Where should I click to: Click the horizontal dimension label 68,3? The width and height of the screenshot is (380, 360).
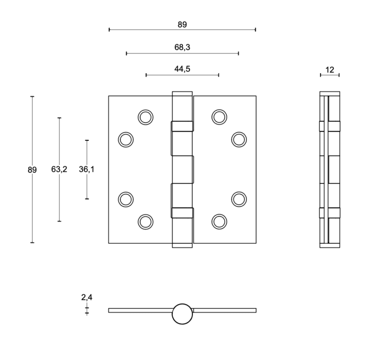click(x=182, y=47)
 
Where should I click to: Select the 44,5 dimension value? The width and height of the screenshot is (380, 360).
click(x=182, y=69)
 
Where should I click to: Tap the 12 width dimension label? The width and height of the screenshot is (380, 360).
click(x=330, y=70)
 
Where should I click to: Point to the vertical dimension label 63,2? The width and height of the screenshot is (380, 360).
click(x=59, y=170)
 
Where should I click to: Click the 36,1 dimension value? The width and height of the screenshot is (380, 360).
click(x=87, y=170)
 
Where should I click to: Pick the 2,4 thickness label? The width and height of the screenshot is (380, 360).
click(x=87, y=297)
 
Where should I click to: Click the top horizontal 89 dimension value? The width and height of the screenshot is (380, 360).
click(x=182, y=24)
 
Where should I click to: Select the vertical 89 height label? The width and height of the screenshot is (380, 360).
click(x=32, y=170)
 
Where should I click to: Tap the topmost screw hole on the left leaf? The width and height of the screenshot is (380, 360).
click(x=145, y=117)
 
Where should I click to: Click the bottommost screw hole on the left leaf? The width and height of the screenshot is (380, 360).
click(x=145, y=221)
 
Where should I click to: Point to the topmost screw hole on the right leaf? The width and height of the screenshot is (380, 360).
click(x=219, y=117)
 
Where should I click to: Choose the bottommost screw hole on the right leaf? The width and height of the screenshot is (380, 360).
click(x=219, y=221)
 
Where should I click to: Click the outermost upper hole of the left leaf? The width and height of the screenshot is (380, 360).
click(x=126, y=139)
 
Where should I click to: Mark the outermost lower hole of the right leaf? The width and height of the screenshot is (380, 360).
click(x=239, y=198)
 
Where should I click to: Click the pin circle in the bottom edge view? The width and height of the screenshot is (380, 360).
click(x=182, y=314)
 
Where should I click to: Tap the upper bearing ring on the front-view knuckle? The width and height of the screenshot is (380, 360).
click(x=182, y=126)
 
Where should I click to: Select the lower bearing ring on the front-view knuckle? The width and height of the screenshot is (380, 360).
click(x=182, y=213)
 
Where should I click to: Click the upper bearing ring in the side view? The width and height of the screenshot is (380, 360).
click(x=330, y=126)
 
